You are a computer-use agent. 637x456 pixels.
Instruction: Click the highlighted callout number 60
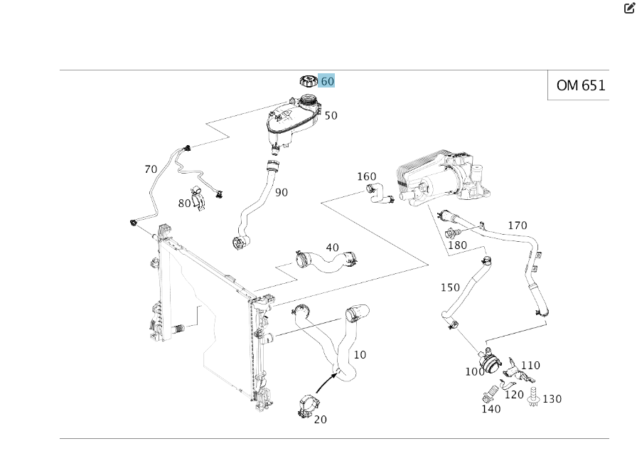(327, 81)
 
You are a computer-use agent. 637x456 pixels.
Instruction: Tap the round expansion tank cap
(309, 82)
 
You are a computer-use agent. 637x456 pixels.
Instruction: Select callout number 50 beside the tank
(331, 115)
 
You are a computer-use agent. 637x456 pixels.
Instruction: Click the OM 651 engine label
(580, 85)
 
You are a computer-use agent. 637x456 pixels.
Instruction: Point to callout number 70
(151, 169)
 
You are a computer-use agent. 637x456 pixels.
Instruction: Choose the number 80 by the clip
(185, 203)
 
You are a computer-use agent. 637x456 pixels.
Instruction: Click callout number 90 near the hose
(282, 192)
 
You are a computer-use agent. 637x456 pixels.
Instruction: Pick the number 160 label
(366, 176)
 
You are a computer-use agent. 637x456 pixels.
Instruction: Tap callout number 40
(332, 248)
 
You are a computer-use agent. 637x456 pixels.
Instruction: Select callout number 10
(360, 354)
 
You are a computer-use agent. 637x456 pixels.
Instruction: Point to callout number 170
(518, 226)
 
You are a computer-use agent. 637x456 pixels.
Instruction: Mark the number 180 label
(457, 245)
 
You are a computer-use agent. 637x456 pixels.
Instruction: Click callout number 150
(450, 287)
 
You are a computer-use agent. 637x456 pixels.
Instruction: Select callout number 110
(530, 366)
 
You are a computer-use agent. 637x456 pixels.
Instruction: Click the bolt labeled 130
(533, 400)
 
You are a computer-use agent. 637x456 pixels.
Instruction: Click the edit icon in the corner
(628, 9)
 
